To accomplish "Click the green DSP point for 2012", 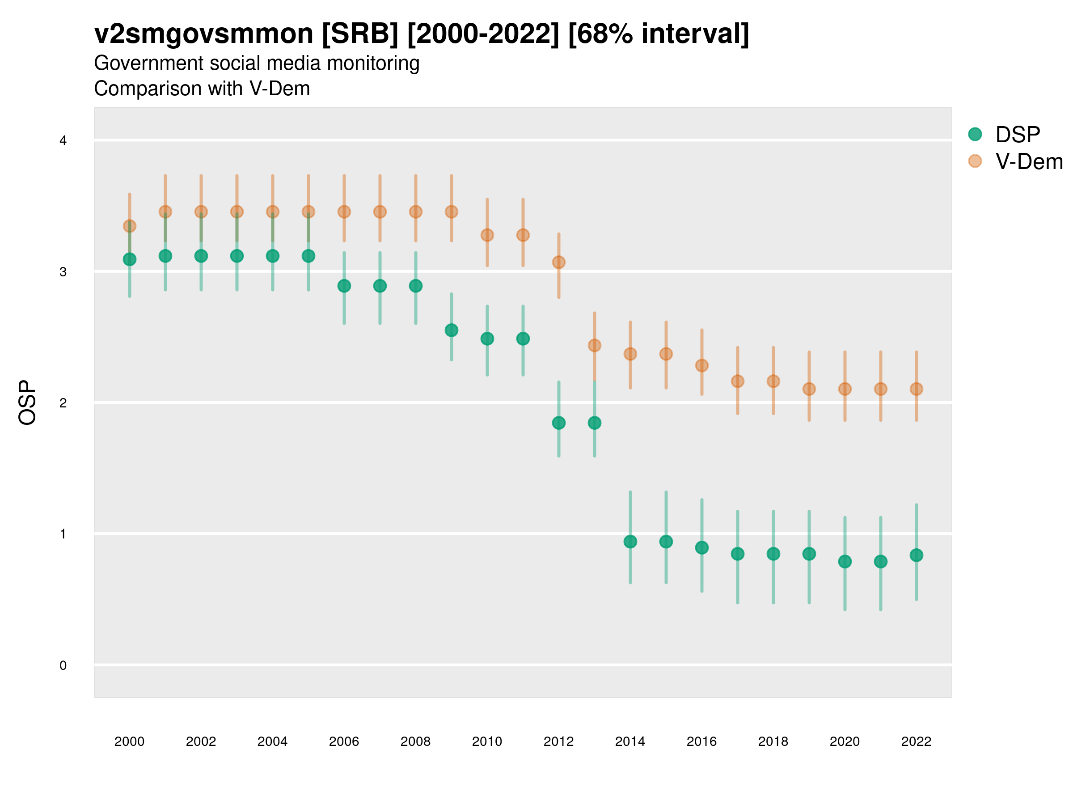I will click(x=559, y=423).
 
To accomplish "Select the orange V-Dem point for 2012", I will click(x=559, y=263).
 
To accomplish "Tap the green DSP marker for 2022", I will click(x=917, y=555).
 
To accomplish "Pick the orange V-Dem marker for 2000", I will click(x=130, y=226).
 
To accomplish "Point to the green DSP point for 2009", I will click(x=452, y=330).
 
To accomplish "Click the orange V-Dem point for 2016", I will click(x=702, y=365).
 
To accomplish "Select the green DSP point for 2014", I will click(x=630, y=542).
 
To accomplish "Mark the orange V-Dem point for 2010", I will click(x=487, y=235).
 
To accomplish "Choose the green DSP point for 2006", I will click(x=344, y=286).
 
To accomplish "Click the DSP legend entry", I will click(x=1017, y=135).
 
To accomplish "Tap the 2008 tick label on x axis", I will click(x=416, y=741).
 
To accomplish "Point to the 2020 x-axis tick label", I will click(x=845, y=741).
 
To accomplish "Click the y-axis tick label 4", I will click(x=63, y=141).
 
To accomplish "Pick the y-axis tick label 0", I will click(x=63, y=665).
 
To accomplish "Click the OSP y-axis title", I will click(x=27, y=403).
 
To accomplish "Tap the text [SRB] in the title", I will click(x=360, y=34).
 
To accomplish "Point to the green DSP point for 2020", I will click(x=845, y=562).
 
